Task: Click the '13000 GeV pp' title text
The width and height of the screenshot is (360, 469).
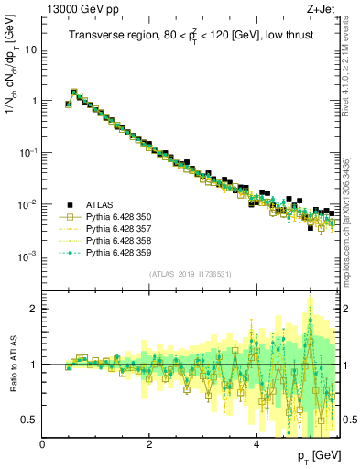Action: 79,8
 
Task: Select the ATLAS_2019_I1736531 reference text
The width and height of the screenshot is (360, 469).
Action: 191,274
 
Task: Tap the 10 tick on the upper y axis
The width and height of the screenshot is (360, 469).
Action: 29,49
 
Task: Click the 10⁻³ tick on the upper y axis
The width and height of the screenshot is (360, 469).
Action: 27,256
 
